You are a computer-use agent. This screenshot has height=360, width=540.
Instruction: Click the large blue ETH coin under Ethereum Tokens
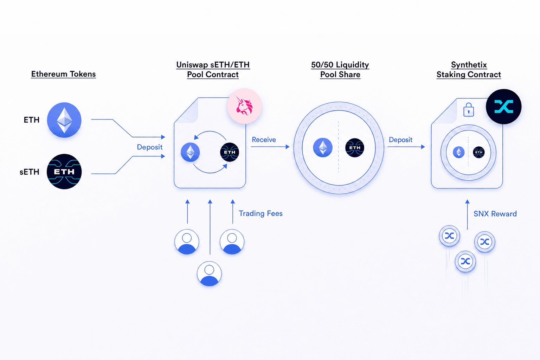click(x=64, y=120)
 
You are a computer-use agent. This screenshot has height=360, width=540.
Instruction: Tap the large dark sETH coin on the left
click(x=64, y=172)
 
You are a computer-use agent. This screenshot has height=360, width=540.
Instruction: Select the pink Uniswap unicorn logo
click(x=244, y=106)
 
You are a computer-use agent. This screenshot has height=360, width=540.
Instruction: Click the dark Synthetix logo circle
click(x=503, y=107)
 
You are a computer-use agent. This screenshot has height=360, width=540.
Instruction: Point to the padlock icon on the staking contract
click(x=469, y=110)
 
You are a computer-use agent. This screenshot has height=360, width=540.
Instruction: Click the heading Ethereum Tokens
click(x=63, y=74)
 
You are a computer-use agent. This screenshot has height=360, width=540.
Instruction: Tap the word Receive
click(x=264, y=140)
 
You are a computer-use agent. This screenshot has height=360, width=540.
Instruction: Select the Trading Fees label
click(x=261, y=213)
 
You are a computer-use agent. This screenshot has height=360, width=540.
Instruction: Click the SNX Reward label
click(x=495, y=214)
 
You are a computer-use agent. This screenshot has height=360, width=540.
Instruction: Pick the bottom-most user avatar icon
click(x=209, y=274)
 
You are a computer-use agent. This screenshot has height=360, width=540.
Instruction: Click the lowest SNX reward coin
click(x=465, y=261)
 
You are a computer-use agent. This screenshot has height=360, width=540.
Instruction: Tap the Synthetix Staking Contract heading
click(x=469, y=70)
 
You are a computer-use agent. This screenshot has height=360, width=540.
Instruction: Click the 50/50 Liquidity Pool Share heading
click(x=340, y=70)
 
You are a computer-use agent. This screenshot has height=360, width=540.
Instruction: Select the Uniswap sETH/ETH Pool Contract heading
click(x=213, y=70)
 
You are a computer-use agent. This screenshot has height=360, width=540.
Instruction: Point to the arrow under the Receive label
click(x=270, y=147)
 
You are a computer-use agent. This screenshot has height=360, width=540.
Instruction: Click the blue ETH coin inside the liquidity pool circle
click(x=323, y=148)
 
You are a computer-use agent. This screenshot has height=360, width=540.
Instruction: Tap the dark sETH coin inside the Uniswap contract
click(x=230, y=152)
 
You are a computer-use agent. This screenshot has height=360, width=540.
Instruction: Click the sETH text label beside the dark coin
click(x=30, y=172)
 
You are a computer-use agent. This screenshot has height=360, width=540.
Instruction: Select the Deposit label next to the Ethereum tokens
click(x=150, y=147)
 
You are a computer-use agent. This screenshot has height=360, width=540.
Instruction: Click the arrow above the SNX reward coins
click(x=468, y=214)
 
